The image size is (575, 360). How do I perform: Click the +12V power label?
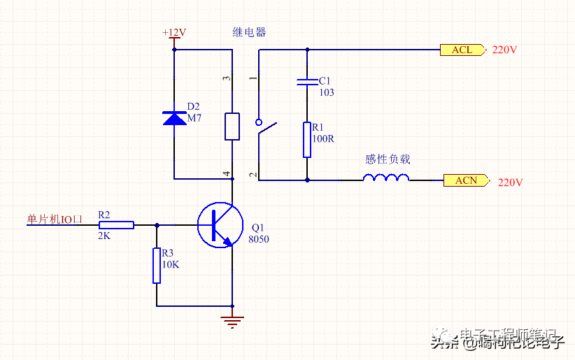[x=174, y=33]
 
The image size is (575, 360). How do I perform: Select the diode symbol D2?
[x=174, y=118]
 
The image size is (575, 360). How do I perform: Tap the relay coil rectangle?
[x=232, y=126]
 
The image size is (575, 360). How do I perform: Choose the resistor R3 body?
[x=157, y=266]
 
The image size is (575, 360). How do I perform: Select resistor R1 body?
[x=307, y=140]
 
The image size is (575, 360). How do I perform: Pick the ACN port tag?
[x=467, y=180]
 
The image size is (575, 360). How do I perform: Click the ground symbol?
[x=232, y=321]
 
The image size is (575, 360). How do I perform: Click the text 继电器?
[x=250, y=32]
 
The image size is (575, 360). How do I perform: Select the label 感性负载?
[x=388, y=159]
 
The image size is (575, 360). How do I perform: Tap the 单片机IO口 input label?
[x=55, y=219]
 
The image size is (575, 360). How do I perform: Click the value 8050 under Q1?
[x=258, y=239]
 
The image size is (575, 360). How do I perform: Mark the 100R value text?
[x=323, y=138]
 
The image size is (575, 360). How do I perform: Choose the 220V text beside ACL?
[x=504, y=50]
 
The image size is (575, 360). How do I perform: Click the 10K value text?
[x=171, y=265]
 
